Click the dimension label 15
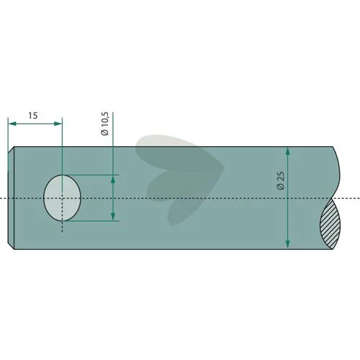[33, 116]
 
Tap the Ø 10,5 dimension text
[105, 124]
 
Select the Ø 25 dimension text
[281, 181]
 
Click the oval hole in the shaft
[62, 198]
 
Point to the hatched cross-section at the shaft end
[330, 224]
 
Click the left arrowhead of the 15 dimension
[12, 124]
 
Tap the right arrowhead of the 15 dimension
[58, 124]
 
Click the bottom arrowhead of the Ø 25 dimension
[288, 245]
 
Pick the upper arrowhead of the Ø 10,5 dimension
[113, 179]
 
